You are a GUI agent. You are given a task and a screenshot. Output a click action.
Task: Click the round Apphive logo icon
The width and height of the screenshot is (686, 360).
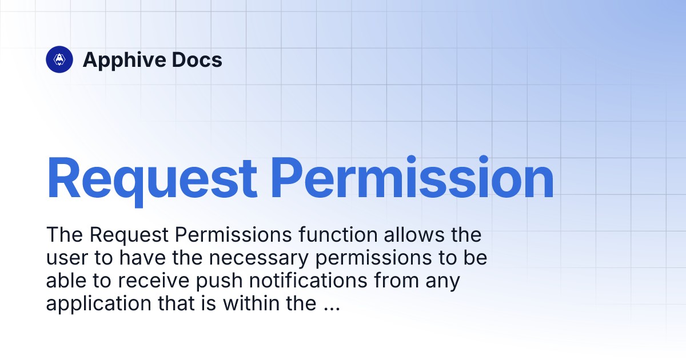(x=59, y=59)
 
